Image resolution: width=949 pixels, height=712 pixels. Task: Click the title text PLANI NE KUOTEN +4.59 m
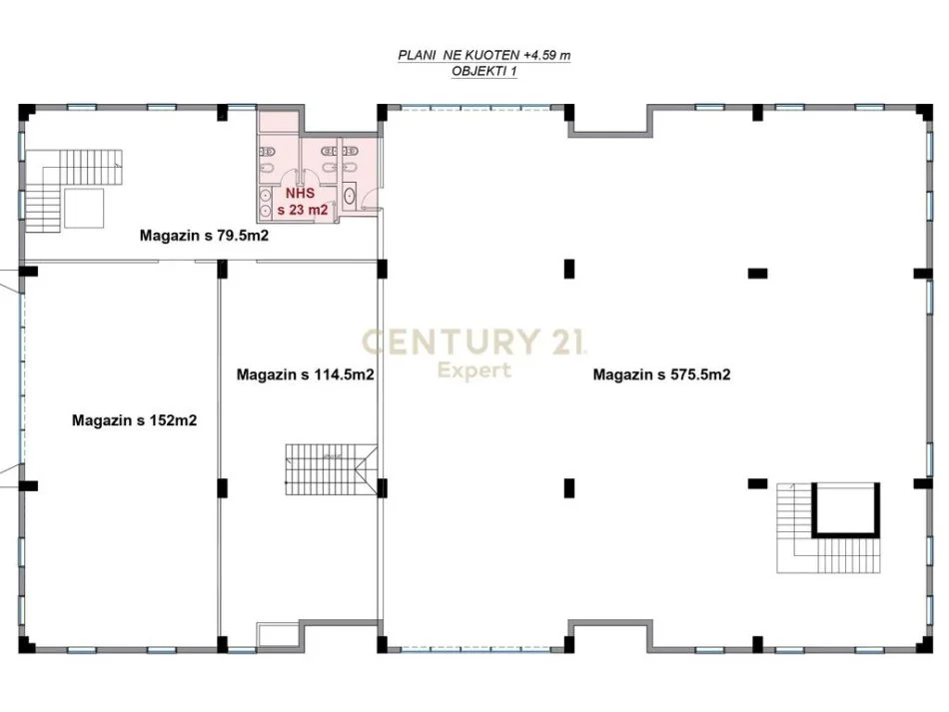click(483, 57)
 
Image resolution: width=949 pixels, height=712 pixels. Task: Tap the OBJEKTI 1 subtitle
click(484, 72)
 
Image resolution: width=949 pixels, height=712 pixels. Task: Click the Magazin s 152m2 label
click(134, 421)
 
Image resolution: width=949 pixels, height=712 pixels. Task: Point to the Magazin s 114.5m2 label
click(305, 375)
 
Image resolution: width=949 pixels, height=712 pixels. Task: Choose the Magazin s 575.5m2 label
click(661, 375)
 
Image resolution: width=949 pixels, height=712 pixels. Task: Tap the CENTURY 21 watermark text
click(474, 343)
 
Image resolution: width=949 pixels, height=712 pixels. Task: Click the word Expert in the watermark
click(475, 370)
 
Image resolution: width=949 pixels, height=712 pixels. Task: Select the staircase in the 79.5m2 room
click(75, 180)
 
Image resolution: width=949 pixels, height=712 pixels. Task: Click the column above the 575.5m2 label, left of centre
click(568, 269)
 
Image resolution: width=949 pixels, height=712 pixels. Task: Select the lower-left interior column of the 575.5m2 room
click(568, 487)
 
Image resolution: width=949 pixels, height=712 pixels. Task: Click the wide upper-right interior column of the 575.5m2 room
click(757, 272)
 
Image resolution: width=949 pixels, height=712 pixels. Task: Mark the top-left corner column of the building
click(26, 107)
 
